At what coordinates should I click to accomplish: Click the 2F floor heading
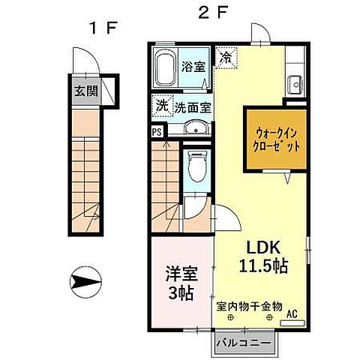pyautogui.click(x=212, y=13)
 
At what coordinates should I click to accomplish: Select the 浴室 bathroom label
pyautogui.click(x=193, y=66)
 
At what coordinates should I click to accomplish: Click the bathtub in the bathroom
pyautogui.click(x=166, y=69)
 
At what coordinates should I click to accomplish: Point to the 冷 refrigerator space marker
pyautogui.click(x=226, y=55)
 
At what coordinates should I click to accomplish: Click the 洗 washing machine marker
pyautogui.click(x=162, y=106)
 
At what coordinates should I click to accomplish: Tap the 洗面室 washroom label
pyautogui.click(x=193, y=107)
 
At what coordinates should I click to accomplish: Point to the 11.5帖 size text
pyautogui.click(x=265, y=266)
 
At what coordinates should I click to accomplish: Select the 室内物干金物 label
pyautogui.click(x=249, y=306)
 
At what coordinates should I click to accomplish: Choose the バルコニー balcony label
pyautogui.click(x=244, y=343)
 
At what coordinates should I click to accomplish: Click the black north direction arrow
pyautogui.click(x=84, y=282)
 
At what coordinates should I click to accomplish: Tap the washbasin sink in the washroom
pyautogui.click(x=196, y=127)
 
